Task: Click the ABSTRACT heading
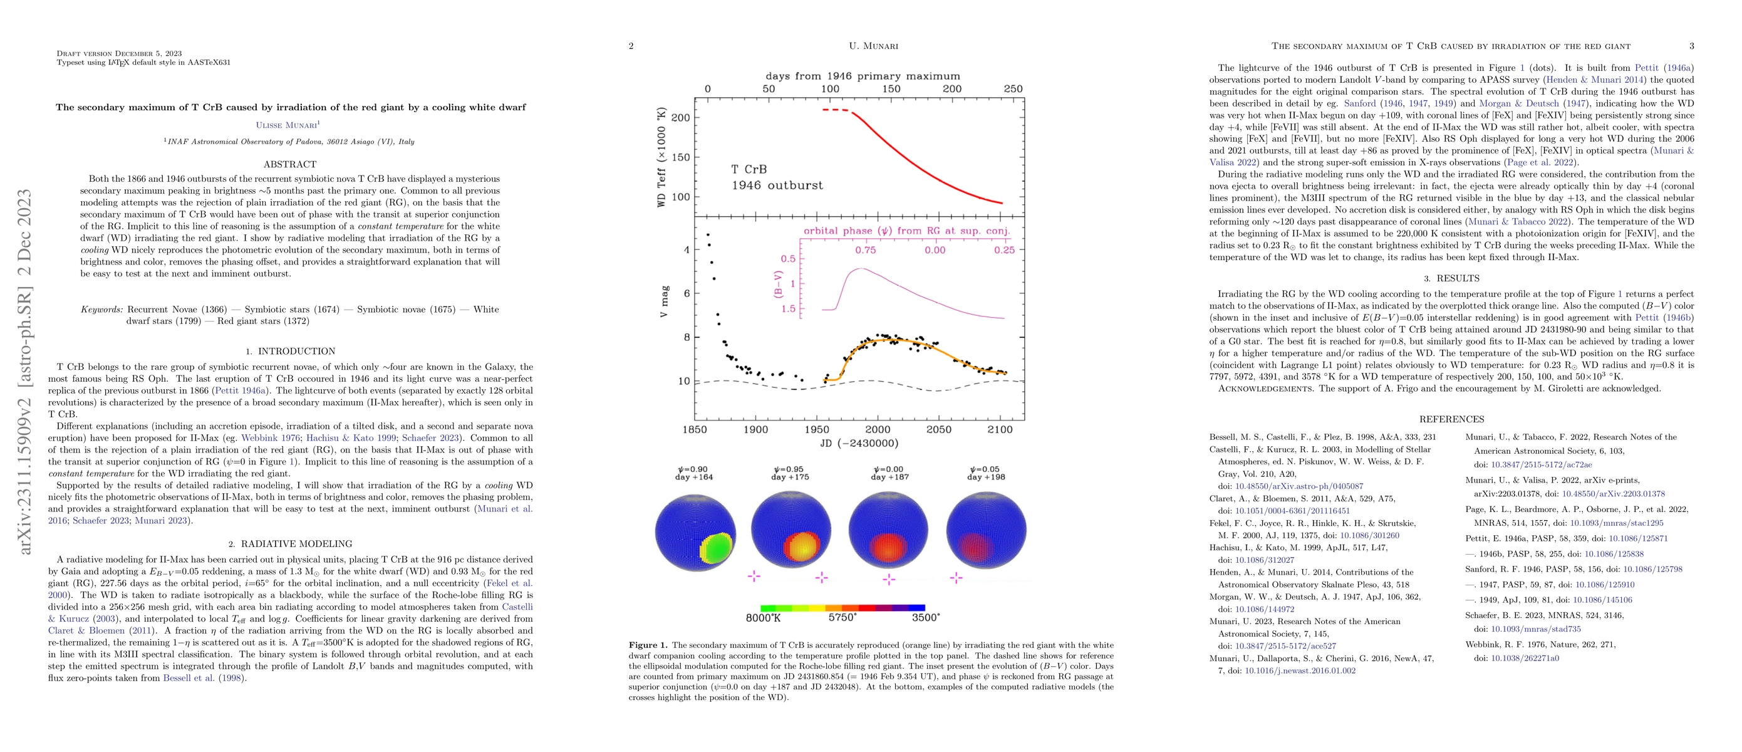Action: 289,164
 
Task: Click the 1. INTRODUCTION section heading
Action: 290,351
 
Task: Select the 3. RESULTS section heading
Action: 1451,278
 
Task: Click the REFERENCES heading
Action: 1451,419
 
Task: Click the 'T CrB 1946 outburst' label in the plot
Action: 776,177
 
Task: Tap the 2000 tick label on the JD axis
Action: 878,429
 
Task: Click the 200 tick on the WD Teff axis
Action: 680,118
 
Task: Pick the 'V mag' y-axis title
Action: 664,301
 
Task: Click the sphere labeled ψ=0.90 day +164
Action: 695,533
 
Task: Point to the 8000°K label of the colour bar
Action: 763,617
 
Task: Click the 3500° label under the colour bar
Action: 925,617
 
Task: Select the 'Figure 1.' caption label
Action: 648,645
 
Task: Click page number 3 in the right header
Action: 1691,46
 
